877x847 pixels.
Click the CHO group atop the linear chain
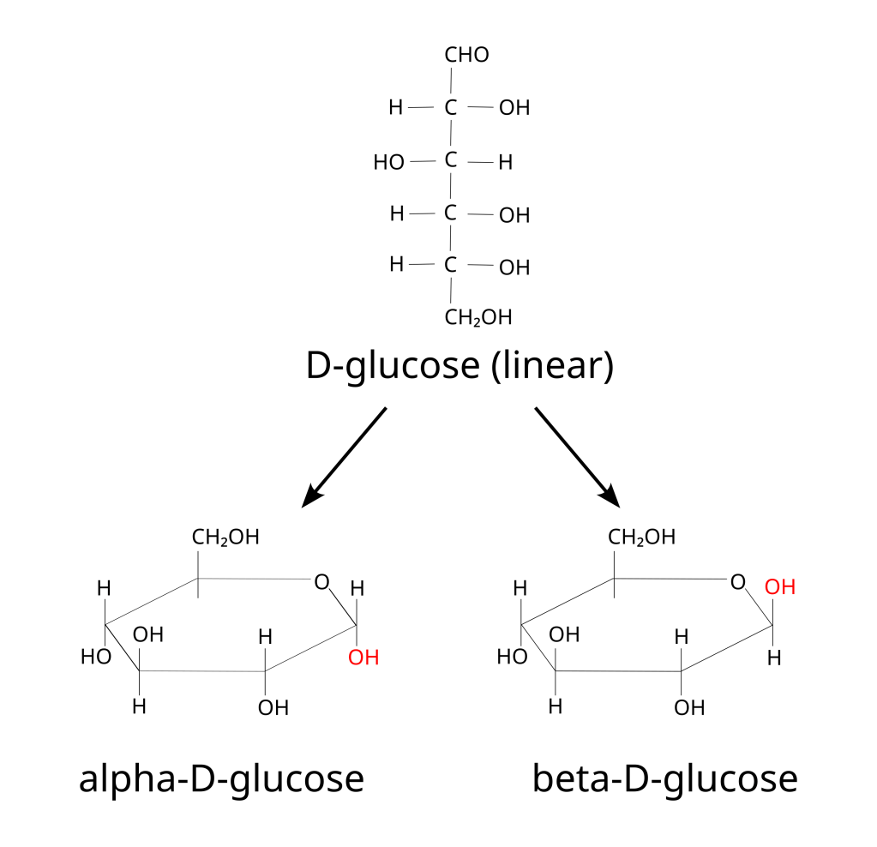[x=466, y=56]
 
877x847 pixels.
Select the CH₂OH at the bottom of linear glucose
[x=478, y=318]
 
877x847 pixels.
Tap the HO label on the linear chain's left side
[x=388, y=162]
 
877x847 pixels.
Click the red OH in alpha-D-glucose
[x=363, y=658]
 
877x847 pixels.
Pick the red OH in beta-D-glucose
[x=780, y=588]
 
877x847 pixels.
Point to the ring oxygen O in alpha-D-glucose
[x=321, y=583]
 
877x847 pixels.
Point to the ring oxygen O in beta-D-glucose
[x=737, y=583]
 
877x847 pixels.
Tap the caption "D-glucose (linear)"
[x=460, y=367]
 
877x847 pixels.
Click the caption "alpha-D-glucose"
[x=221, y=780]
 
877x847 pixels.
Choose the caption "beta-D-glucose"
[x=664, y=780]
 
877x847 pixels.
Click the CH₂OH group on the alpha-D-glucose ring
[x=225, y=538]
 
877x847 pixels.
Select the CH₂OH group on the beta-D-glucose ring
[x=642, y=538]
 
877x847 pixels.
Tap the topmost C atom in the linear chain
[x=450, y=108]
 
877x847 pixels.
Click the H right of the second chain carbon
[x=505, y=162]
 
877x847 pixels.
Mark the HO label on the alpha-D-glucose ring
[x=97, y=658]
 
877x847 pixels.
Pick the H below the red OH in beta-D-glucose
[x=774, y=658]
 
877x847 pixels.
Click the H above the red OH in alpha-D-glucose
[x=357, y=589]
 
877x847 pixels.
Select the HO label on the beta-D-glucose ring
[x=513, y=658]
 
